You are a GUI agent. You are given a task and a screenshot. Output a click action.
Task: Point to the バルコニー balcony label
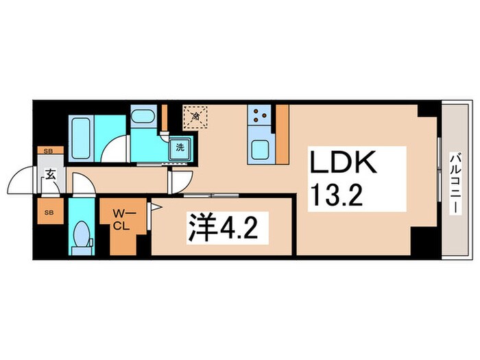tap(455, 181)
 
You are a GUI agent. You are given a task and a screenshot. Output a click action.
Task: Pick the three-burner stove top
tap(261, 115)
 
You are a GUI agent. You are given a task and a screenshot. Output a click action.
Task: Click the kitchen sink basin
tap(260, 149)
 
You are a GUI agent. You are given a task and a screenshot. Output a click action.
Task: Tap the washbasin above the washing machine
tap(144, 117)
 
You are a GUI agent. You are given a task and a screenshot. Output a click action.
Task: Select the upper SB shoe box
tap(48, 151)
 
